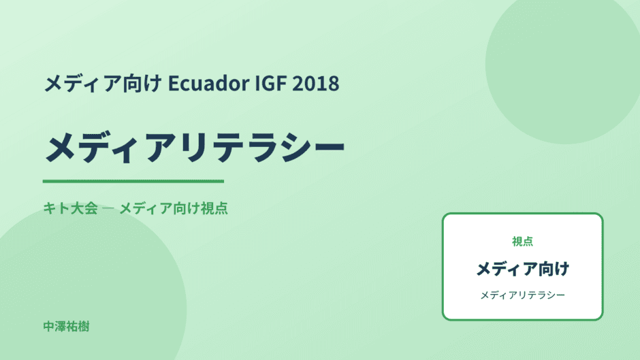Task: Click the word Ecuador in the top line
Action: (x=208, y=83)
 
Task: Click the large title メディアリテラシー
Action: (x=194, y=147)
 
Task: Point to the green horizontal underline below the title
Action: (x=133, y=181)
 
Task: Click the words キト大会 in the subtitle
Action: (x=71, y=208)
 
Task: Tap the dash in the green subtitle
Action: (x=108, y=208)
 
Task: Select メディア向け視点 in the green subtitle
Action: (x=173, y=208)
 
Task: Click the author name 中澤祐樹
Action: (x=66, y=327)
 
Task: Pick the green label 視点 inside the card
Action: (x=522, y=242)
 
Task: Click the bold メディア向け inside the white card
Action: (x=522, y=269)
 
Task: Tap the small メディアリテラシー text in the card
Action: (x=522, y=295)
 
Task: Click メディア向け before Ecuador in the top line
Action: (x=103, y=83)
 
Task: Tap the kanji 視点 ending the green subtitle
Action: (x=214, y=208)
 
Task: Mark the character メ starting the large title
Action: (x=61, y=148)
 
